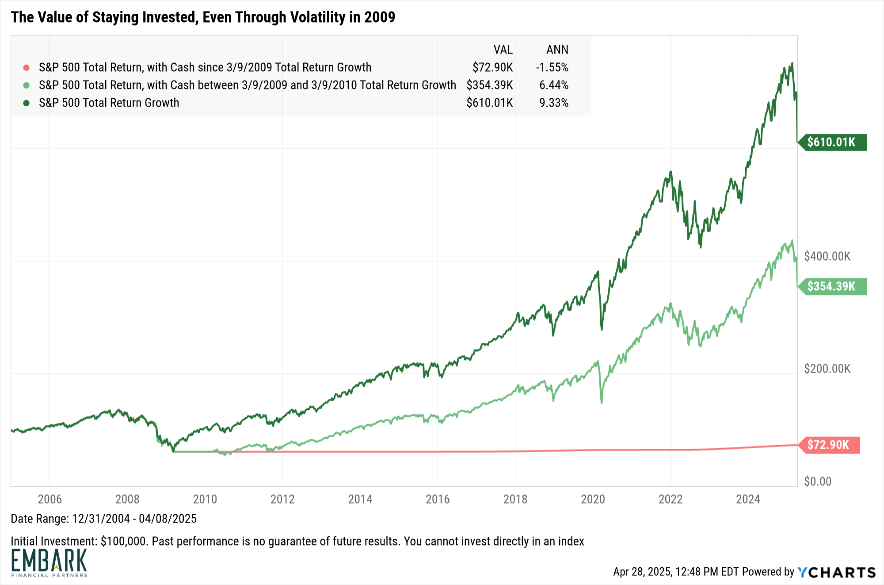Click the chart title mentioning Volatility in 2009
(203, 17)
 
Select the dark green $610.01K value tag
(832, 142)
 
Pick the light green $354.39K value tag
(832, 286)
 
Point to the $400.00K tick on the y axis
(827, 256)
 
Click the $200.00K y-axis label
(827, 369)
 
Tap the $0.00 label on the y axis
(818, 481)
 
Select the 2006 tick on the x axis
(50, 499)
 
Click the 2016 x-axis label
(438, 499)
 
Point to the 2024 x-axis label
(748, 499)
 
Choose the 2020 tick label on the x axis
(593, 499)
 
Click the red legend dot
(27, 68)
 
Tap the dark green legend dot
(27, 103)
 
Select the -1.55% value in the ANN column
(552, 67)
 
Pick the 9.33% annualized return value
(554, 103)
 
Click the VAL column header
(503, 50)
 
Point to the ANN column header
(557, 50)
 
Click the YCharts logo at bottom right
(837, 572)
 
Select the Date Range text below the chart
(104, 519)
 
